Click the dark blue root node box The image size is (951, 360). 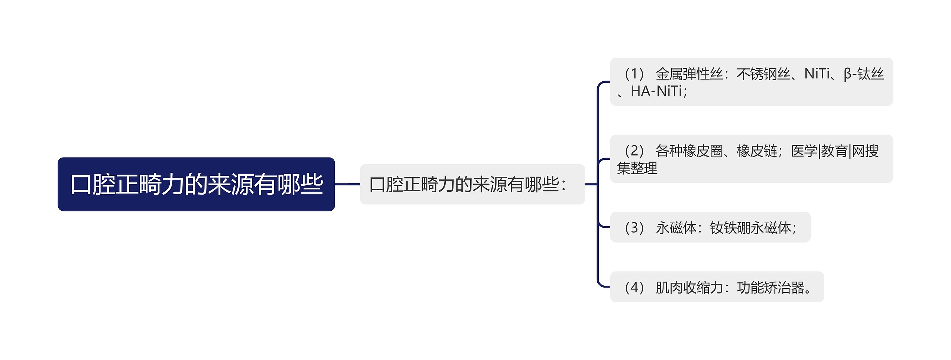pos(196,184)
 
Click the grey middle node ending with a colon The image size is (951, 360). pos(472,184)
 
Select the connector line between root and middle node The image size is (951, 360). pos(347,184)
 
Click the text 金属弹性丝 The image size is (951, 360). pos(689,74)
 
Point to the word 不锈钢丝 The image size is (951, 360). pos(763,74)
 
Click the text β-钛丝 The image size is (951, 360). pos(864,74)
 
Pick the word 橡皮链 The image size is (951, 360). pos(757,151)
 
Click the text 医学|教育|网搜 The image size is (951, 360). pos(835,151)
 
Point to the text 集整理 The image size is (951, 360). pos(637,168)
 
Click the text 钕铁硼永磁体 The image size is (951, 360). pos(750,228)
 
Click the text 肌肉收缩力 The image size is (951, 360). pos(689,287)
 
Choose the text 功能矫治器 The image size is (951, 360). pos(770,287)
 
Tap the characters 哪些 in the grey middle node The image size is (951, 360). pos(542,184)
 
